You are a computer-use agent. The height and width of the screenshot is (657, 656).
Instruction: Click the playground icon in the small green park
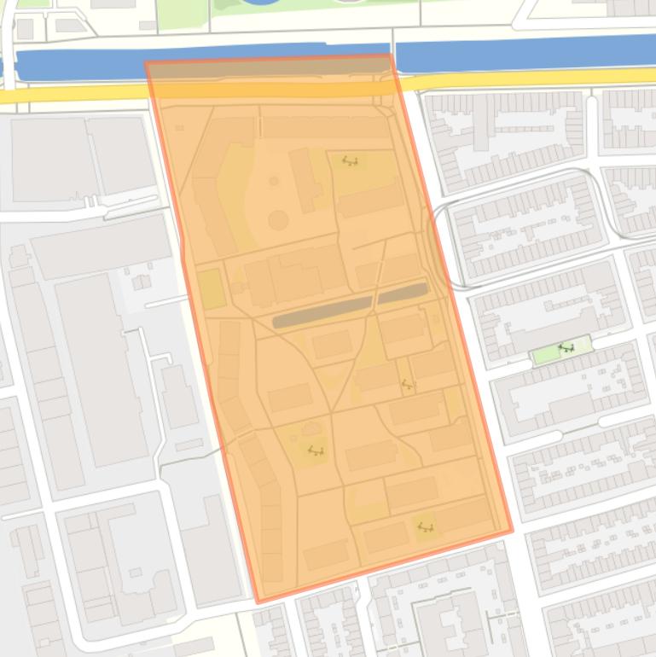click(565, 348)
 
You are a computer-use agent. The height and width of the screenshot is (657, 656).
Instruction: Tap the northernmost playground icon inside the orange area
click(349, 160)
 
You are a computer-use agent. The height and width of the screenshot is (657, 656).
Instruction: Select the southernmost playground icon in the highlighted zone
click(424, 528)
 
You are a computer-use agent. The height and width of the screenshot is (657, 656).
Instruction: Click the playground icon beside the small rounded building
click(316, 451)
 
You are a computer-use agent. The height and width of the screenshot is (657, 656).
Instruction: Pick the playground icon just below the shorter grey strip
click(408, 385)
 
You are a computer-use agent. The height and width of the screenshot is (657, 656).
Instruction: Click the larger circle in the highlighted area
click(278, 220)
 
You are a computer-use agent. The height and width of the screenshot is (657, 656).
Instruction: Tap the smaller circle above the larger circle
click(274, 181)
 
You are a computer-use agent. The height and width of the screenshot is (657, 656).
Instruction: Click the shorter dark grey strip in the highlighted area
click(402, 294)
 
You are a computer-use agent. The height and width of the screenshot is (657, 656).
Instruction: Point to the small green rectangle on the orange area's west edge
click(210, 288)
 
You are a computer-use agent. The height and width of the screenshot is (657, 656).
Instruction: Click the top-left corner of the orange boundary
click(147, 63)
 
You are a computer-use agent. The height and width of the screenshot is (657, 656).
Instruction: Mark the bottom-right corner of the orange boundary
click(512, 531)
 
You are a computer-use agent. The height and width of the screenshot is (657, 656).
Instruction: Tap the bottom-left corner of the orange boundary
click(258, 602)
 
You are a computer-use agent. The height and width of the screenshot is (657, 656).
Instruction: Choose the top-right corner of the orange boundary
click(391, 56)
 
